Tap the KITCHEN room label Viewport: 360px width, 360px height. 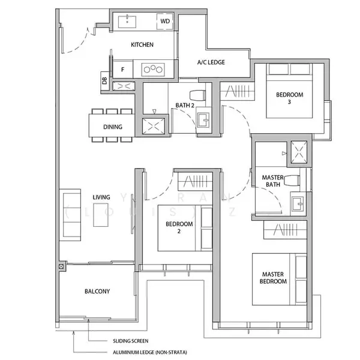(142, 45)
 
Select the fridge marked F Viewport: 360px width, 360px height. (123, 69)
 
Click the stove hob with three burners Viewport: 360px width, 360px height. (154, 69)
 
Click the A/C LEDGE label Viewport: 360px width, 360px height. (211, 62)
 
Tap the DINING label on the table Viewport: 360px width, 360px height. (112, 127)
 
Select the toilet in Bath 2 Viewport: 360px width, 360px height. (196, 94)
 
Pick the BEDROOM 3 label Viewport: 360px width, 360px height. (289, 98)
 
